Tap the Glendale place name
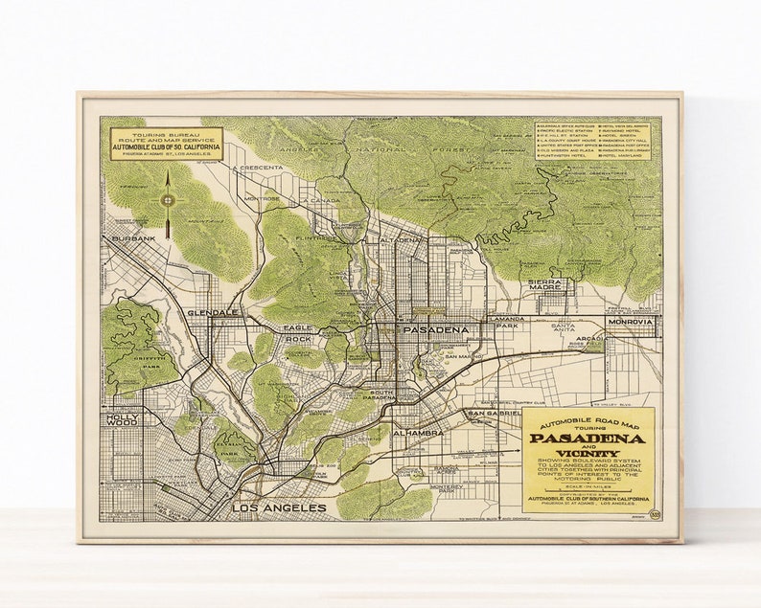(x=213, y=313)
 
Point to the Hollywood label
(x=125, y=422)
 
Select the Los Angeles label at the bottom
(x=278, y=507)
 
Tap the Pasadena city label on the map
(x=436, y=330)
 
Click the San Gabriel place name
(x=493, y=413)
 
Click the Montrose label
(x=261, y=199)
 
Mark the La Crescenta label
(x=258, y=168)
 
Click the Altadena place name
(x=402, y=239)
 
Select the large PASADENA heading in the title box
(x=586, y=439)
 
